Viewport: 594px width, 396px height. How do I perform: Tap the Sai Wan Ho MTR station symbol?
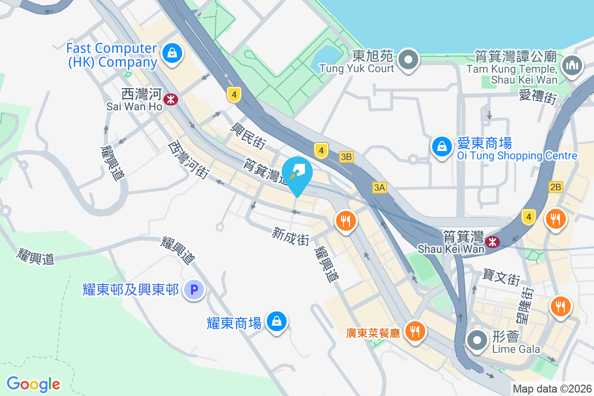(171, 99)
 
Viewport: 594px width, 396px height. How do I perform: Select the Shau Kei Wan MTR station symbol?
(492, 242)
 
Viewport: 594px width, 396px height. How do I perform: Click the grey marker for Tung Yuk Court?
(408, 59)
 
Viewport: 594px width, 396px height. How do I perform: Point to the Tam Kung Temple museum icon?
(571, 65)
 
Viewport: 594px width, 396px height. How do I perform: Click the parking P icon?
(194, 290)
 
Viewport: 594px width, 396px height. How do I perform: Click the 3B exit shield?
(346, 157)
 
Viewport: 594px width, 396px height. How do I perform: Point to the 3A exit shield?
(380, 187)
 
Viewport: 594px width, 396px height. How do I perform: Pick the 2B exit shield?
(556, 187)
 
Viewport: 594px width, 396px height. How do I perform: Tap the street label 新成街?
(291, 236)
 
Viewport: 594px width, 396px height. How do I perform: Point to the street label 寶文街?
(501, 278)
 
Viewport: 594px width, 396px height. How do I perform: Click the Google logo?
(33, 384)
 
